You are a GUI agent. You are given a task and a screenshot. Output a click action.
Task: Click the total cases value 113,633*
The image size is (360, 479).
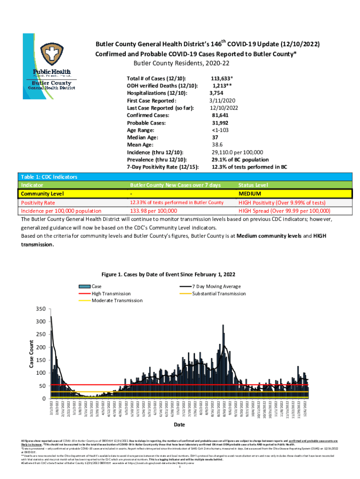(222, 78)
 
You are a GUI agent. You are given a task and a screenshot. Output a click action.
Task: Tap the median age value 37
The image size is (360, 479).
(215, 138)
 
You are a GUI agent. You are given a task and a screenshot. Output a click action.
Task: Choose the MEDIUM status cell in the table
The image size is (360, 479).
(250, 193)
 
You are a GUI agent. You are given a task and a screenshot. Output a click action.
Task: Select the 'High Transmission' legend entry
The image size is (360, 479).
(111, 293)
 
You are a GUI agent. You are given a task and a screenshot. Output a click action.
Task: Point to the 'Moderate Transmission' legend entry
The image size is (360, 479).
(117, 300)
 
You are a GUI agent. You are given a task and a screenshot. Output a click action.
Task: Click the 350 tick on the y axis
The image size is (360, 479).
(42, 309)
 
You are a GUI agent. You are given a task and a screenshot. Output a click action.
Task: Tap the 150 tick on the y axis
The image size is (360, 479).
(42, 360)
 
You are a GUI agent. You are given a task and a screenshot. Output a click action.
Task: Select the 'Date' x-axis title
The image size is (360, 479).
(179, 425)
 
